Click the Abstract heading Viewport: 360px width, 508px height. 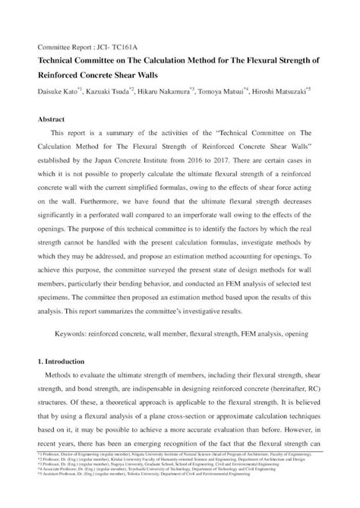pyautogui.click(x=52, y=119)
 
